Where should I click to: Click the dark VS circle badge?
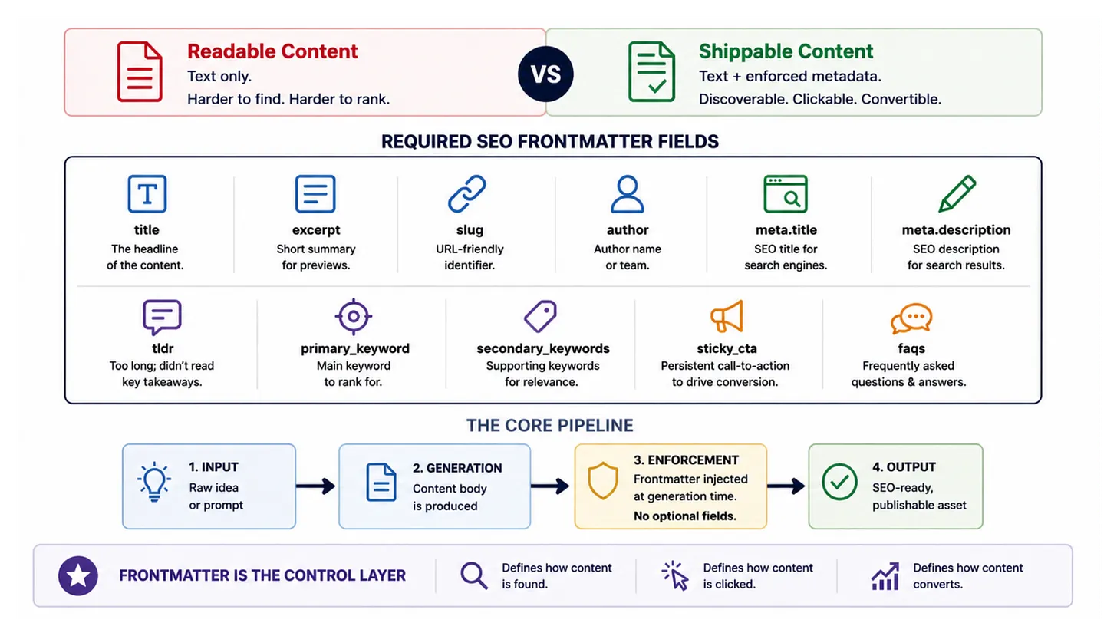click(545, 74)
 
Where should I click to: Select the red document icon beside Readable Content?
click(140, 72)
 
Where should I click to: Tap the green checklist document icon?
click(651, 72)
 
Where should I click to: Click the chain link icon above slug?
click(466, 193)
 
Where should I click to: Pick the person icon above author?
click(628, 193)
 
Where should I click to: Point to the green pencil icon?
click(957, 193)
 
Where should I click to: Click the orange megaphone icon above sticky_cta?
click(727, 316)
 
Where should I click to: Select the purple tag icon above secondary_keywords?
click(541, 316)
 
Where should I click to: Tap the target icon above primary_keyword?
click(353, 316)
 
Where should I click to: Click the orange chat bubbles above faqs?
click(911, 318)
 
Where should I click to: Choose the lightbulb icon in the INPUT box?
click(154, 481)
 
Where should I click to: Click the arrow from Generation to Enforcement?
click(549, 486)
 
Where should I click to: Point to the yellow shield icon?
click(603, 480)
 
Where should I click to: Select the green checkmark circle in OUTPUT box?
click(840, 481)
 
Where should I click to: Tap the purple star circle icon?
click(78, 575)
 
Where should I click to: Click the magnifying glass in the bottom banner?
click(474, 576)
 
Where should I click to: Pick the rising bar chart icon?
click(885, 576)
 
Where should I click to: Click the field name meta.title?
click(786, 230)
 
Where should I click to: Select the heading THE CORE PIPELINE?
click(549, 426)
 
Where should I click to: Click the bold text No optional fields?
click(684, 516)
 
